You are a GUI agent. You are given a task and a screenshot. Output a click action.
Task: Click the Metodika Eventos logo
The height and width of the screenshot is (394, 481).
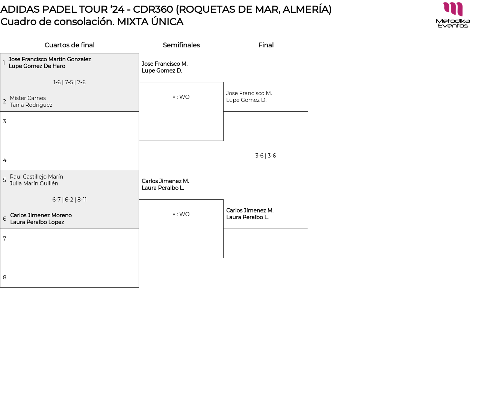pos(453,15)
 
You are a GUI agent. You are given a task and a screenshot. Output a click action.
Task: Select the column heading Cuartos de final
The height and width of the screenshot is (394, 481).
pos(70,45)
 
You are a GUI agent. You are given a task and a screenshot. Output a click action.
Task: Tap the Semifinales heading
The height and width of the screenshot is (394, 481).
pos(181,45)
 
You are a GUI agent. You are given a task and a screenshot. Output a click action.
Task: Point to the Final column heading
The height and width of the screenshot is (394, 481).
pos(266,45)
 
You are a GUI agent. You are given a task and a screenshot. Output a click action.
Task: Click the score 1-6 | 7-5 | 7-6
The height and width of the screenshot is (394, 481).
pos(70,82)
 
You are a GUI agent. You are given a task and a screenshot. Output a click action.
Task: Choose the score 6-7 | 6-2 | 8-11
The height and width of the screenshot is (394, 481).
pos(70,200)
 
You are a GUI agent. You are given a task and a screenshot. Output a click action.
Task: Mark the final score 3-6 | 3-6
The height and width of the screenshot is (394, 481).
pos(265,156)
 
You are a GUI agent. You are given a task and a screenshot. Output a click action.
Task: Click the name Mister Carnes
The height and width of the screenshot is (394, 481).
pos(28,98)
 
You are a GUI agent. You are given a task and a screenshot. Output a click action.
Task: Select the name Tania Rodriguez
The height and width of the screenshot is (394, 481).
pos(31,105)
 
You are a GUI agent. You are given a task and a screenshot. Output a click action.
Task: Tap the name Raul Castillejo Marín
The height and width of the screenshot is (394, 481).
pos(36,177)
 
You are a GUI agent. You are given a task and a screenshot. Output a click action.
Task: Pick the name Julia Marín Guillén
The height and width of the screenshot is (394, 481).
pos(34,183)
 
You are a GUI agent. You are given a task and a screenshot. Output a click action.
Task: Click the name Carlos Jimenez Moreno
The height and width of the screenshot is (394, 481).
pos(41,215)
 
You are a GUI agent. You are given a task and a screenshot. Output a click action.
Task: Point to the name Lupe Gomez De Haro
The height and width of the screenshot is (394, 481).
pos(37,66)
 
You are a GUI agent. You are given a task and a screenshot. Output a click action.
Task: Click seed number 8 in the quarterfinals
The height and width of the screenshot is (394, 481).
pos(5,277)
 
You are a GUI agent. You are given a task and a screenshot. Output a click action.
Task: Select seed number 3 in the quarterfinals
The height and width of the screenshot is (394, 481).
pos(5,121)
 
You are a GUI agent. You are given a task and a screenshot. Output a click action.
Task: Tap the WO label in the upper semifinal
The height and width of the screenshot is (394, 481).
pos(184,97)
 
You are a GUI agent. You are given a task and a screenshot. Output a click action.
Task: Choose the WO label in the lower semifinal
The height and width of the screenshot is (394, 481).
pos(184,214)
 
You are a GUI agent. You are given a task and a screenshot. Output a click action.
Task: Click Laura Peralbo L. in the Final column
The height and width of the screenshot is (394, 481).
pos(247,217)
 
